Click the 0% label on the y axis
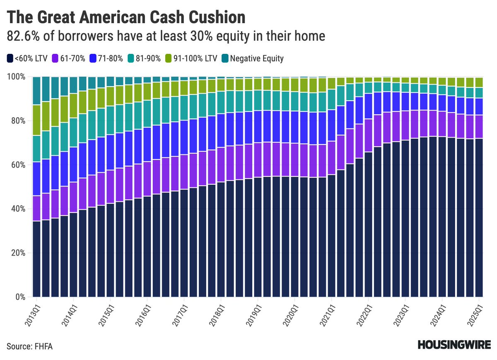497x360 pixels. pos(20,297)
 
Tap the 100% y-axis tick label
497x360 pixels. pos(17,77)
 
